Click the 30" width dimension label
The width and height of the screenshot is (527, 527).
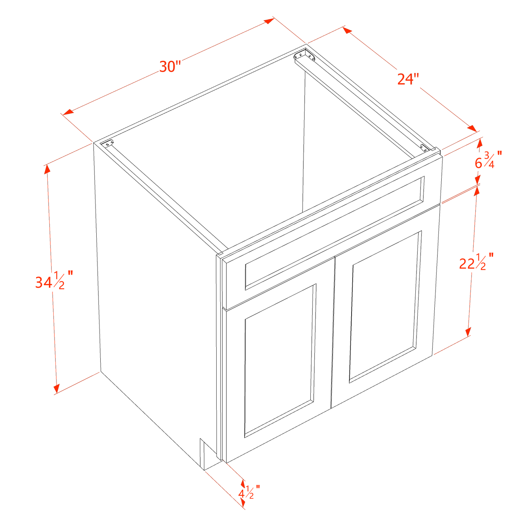point(170,66)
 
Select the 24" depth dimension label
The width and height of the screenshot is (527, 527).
point(408,79)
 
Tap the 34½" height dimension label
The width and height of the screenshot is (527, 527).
point(54,281)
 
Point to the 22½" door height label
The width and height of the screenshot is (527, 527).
point(476,262)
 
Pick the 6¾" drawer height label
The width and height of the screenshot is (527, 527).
point(487,160)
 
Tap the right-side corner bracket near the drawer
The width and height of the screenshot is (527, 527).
point(424,148)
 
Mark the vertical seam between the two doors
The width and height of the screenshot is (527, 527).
point(333,332)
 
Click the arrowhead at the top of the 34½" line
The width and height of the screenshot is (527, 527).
point(47,168)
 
